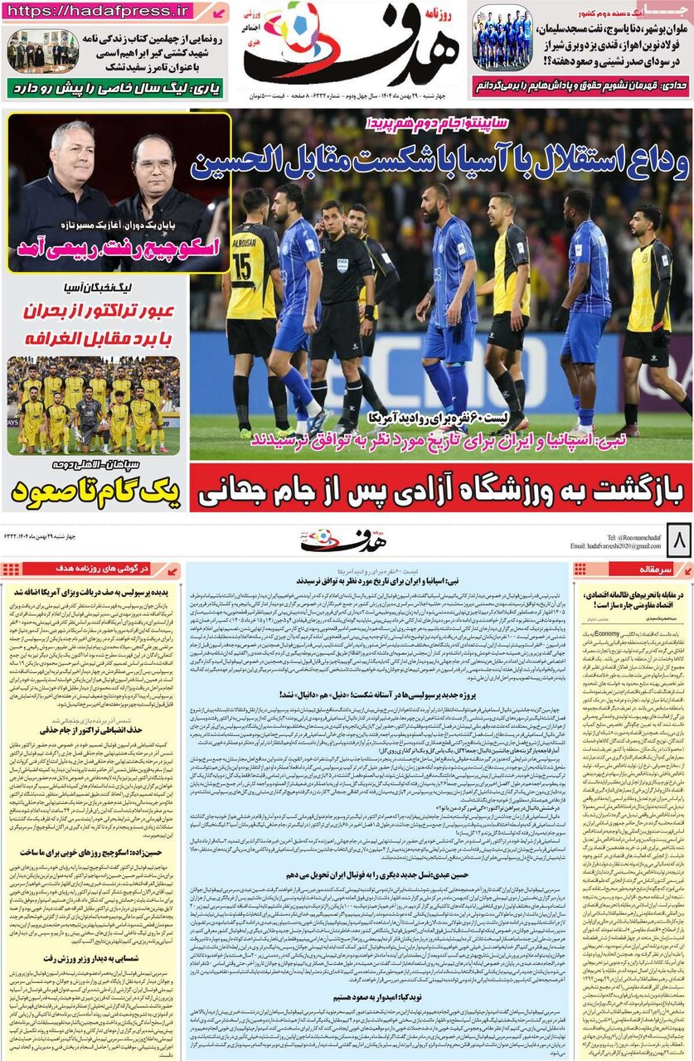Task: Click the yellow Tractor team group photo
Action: coord(93,405)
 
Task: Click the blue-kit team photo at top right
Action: coord(502,39)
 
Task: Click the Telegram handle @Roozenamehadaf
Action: coord(627,537)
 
